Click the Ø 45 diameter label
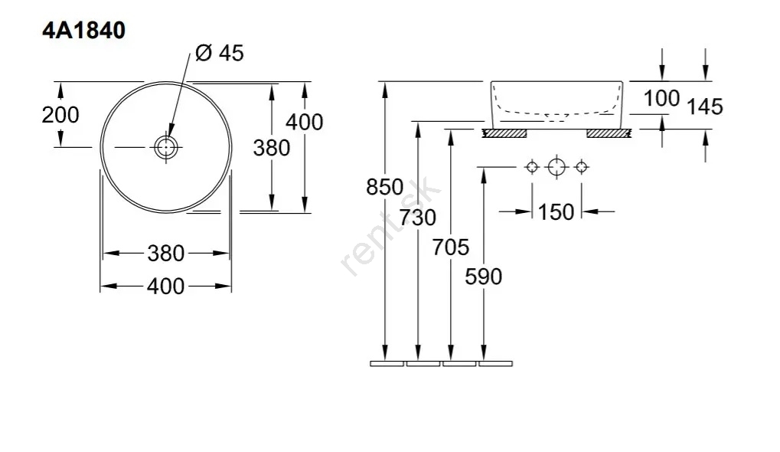point(221,54)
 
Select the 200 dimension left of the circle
point(60,115)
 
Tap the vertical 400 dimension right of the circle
point(305,122)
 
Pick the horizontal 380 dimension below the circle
point(165,252)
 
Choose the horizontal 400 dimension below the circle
point(165,286)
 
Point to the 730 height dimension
point(417,218)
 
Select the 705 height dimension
point(451,247)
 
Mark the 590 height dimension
point(483,276)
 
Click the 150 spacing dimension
point(556,211)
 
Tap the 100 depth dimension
point(661,98)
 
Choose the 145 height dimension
point(705,106)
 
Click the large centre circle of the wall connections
point(556,166)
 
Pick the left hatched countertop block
point(504,133)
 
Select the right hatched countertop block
point(608,133)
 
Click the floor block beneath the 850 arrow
point(387,363)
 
